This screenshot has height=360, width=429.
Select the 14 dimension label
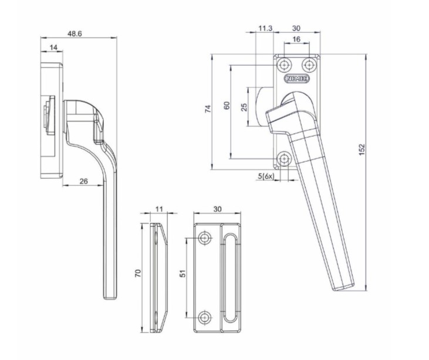click(53, 46)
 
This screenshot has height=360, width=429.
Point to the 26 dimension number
click(83, 181)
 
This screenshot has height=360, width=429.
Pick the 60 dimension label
click(227, 106)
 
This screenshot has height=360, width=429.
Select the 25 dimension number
click(244, 106)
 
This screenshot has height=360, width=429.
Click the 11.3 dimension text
click(265, 28)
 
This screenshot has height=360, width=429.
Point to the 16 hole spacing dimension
click(296, 39)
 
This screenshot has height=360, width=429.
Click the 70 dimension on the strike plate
click(139, 273)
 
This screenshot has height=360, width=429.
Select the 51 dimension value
click(183, 274)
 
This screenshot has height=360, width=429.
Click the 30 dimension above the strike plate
click(217, 209)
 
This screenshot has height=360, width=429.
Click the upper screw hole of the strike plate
click(205, 237)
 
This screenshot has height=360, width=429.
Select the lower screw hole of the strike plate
click(205, 317)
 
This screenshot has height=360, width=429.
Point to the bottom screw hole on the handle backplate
click(285, 158)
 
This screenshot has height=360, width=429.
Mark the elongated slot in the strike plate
click(229, 277)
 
